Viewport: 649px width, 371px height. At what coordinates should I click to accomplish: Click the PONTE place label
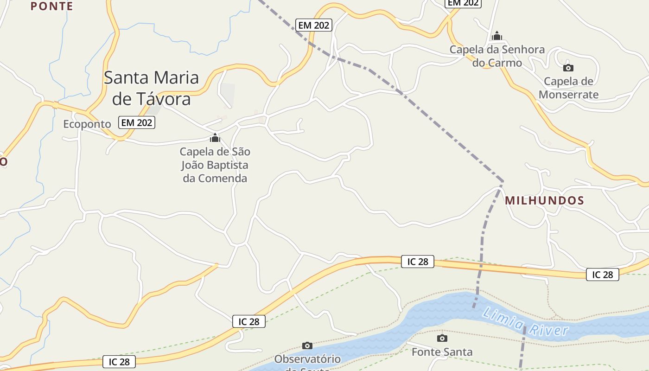click(52, 6)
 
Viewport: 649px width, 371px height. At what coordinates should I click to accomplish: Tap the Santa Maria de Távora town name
click(151, 88)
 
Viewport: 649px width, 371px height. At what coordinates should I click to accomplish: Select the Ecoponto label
click(87, 124)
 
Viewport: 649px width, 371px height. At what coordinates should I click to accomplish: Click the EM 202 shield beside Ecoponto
click(137, 122)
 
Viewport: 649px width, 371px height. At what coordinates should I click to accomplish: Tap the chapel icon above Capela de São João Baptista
click(215, 138)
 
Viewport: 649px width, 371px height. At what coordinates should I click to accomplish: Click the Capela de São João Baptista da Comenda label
click(215, 165)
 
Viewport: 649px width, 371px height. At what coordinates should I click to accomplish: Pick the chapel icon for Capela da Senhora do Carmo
click(497, 36)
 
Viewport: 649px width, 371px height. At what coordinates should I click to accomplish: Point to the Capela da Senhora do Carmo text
click(497, 56)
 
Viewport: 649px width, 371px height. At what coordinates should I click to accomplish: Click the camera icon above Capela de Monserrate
click(568, 68)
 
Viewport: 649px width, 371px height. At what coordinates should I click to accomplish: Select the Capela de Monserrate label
click(568, 88)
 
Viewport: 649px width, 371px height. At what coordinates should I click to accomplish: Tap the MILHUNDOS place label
click(544, 200)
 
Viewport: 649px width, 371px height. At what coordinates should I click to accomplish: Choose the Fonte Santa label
click(442, 352)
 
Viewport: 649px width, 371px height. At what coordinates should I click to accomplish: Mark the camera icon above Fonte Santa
click(442, 338)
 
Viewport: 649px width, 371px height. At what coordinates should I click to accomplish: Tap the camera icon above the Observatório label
click(307, 345)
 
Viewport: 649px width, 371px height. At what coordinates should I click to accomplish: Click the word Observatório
click(307, 359)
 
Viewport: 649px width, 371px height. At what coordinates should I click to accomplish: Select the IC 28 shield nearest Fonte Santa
click(418, 262)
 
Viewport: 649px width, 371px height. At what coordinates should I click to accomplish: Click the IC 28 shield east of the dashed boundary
click(602, 275)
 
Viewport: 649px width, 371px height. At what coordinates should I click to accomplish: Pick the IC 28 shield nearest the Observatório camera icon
click(249, 321)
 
